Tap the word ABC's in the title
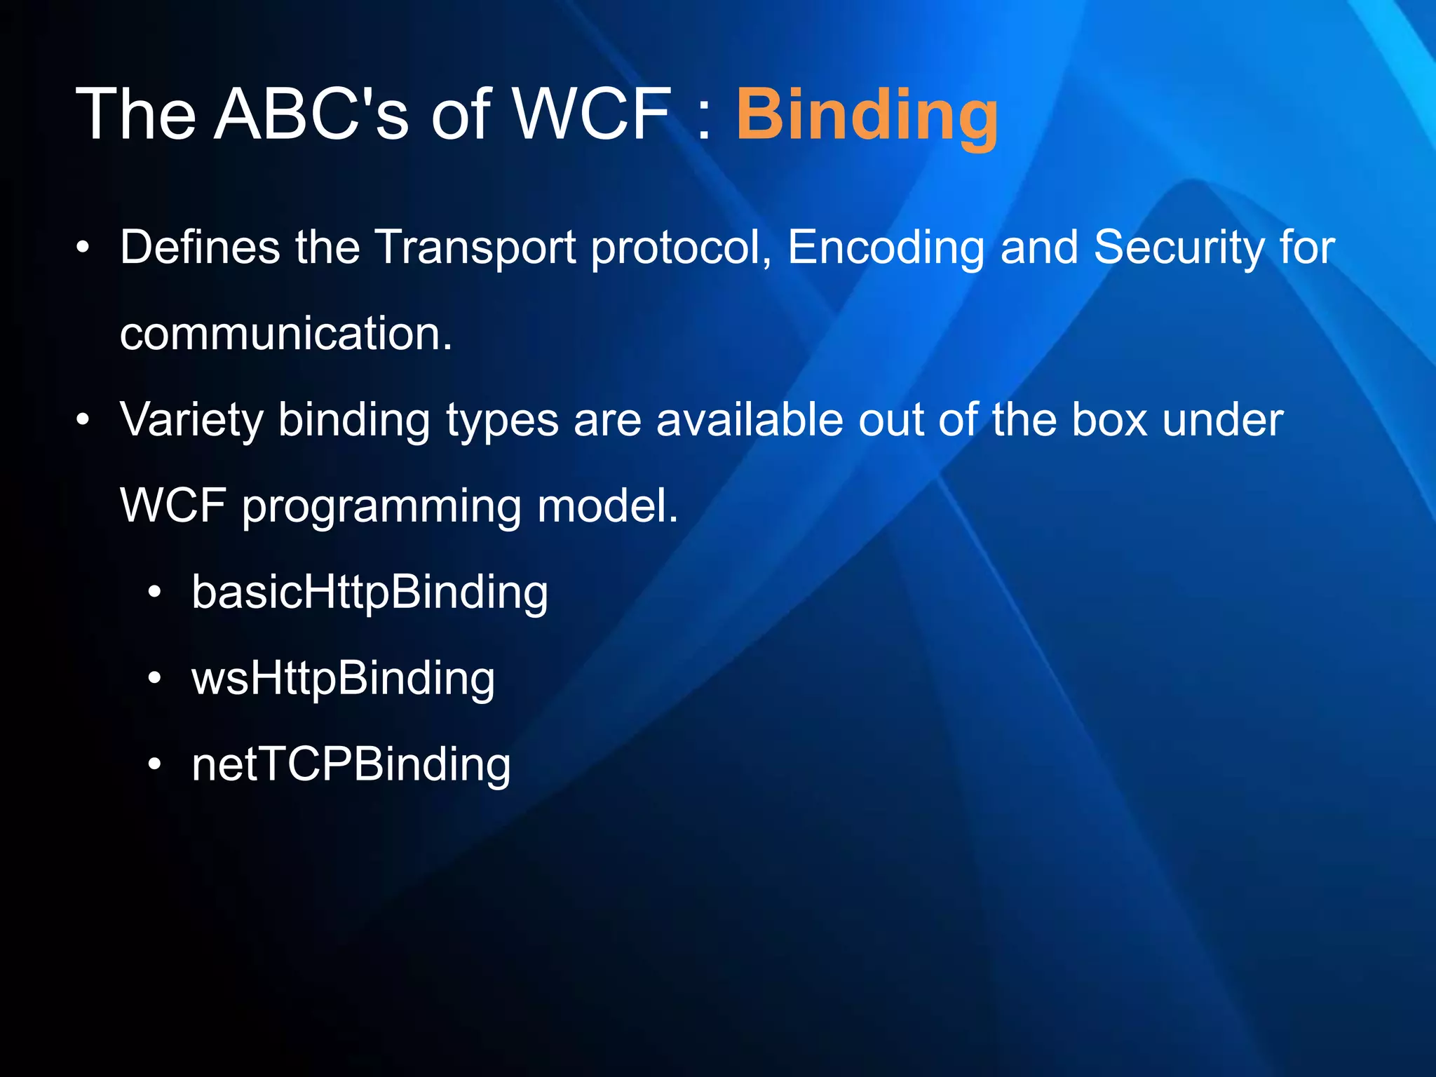click(x=311, y=114)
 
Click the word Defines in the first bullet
click(x=200, y=248)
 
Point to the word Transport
click(x=475, y=249)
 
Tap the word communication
click(x=286, y=334)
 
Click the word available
click(x=750, y=420)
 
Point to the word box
click(x=1110, y=420)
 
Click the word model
click(x=608, y=506)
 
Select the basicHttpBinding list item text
click(x=370, y=593)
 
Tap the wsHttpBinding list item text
click(x=343, y=679)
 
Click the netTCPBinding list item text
click(x=351, y=766)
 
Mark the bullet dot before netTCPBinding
click(x=155, y=766)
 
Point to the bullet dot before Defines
click(x=83, y=248)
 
